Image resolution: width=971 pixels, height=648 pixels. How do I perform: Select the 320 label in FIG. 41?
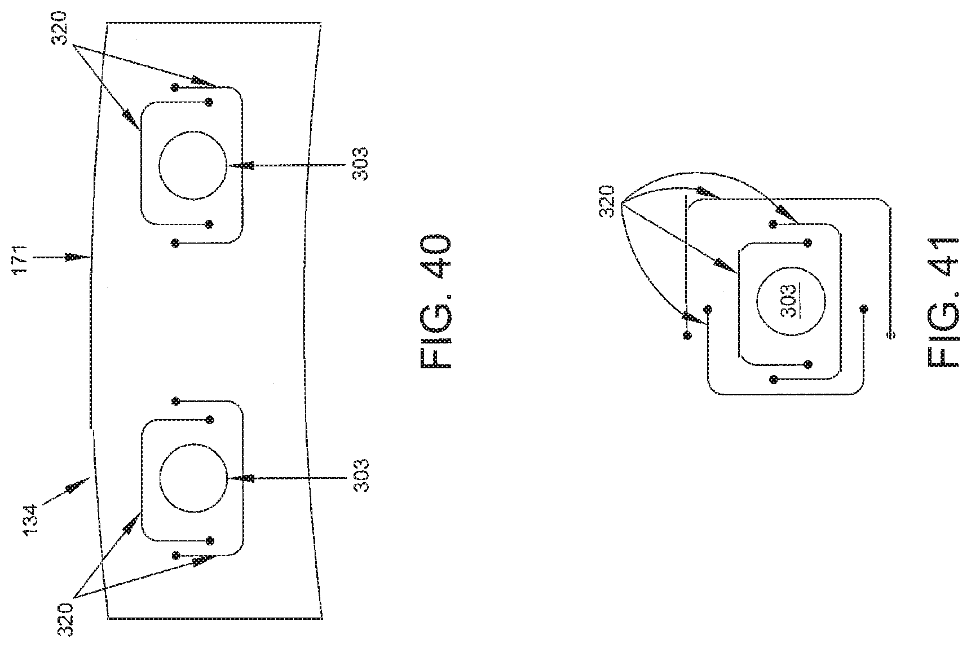[608, 202]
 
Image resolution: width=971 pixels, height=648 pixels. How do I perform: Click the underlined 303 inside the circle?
[791, 301]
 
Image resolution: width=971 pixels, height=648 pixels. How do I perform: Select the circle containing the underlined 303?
[791, 301]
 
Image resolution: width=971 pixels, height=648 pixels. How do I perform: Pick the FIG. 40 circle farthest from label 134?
[193, 165]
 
